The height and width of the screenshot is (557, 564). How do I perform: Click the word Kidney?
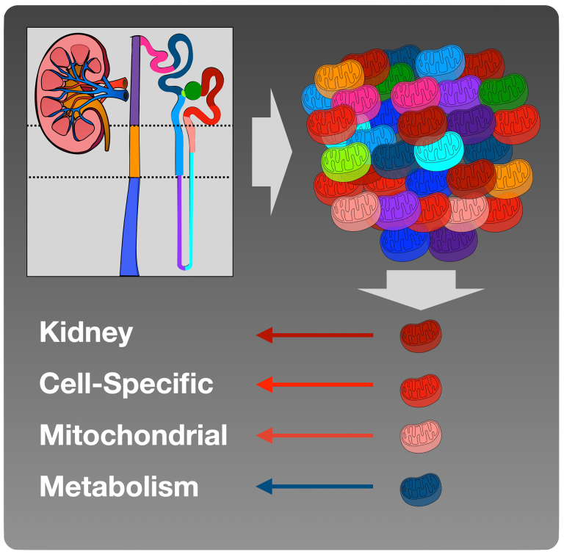[x=86, y=333]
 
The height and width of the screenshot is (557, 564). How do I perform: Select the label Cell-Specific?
[x=126, y=384]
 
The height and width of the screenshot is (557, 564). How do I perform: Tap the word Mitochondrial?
[x=133, y=435]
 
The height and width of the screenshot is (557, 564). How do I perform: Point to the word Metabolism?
[x=119, y=486]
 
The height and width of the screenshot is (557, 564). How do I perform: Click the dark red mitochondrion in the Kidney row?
[x=421, y=335]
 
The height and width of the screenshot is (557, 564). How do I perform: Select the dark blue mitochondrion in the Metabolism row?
[x=421, y=488]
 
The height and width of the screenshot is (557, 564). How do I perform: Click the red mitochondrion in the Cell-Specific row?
[x=421, y=387]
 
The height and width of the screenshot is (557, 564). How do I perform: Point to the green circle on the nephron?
[x=192, y=90]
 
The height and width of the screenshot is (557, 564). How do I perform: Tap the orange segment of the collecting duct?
[x=134, y=151]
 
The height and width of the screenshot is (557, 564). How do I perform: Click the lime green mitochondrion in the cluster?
[x=346, y=159]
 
